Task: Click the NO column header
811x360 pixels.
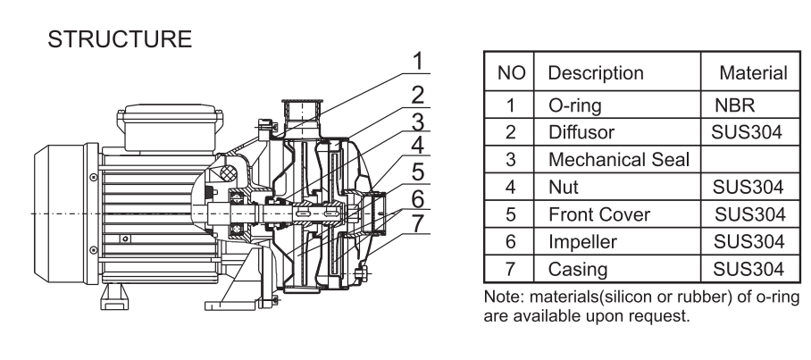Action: click(x=510, y=71)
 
